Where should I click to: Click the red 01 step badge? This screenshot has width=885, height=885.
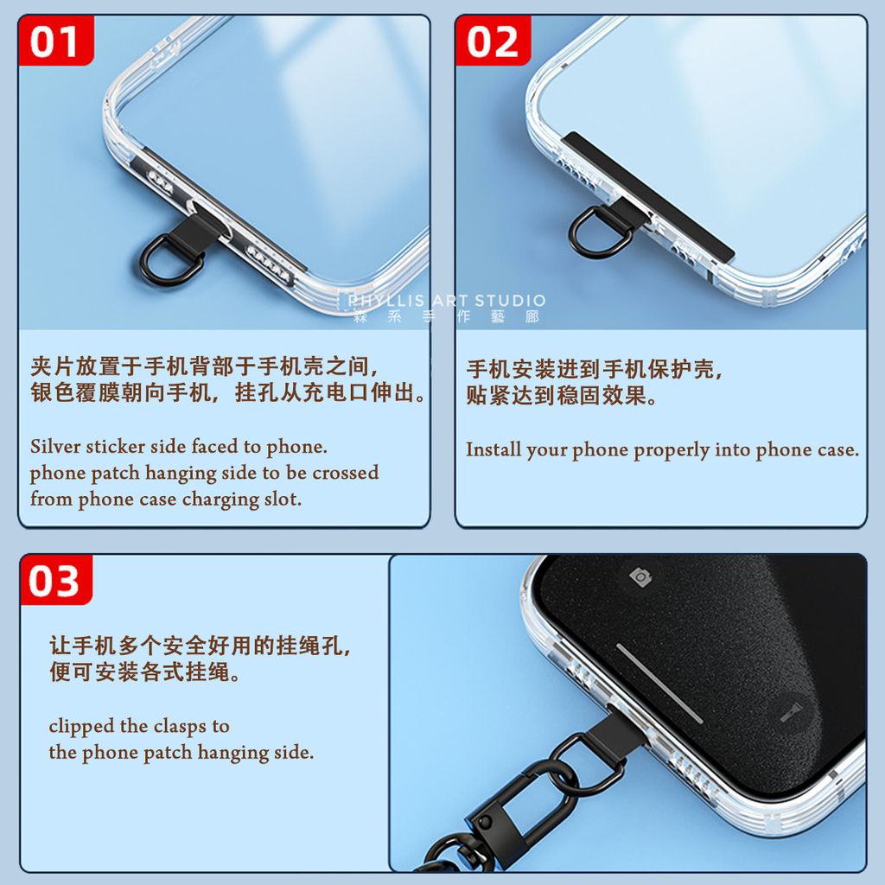[x=55, y=41]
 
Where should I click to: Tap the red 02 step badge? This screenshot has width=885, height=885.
[x=493, y=41]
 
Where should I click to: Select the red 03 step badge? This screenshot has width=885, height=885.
[x=55, y=581]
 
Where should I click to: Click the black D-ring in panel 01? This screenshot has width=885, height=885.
[x=172, y=261]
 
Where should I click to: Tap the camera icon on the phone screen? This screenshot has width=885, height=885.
[x=640, y=577]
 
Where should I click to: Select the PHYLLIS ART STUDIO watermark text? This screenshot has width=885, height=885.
[x=446, y=301]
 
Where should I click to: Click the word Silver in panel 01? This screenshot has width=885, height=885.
[x=55, y=447]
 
